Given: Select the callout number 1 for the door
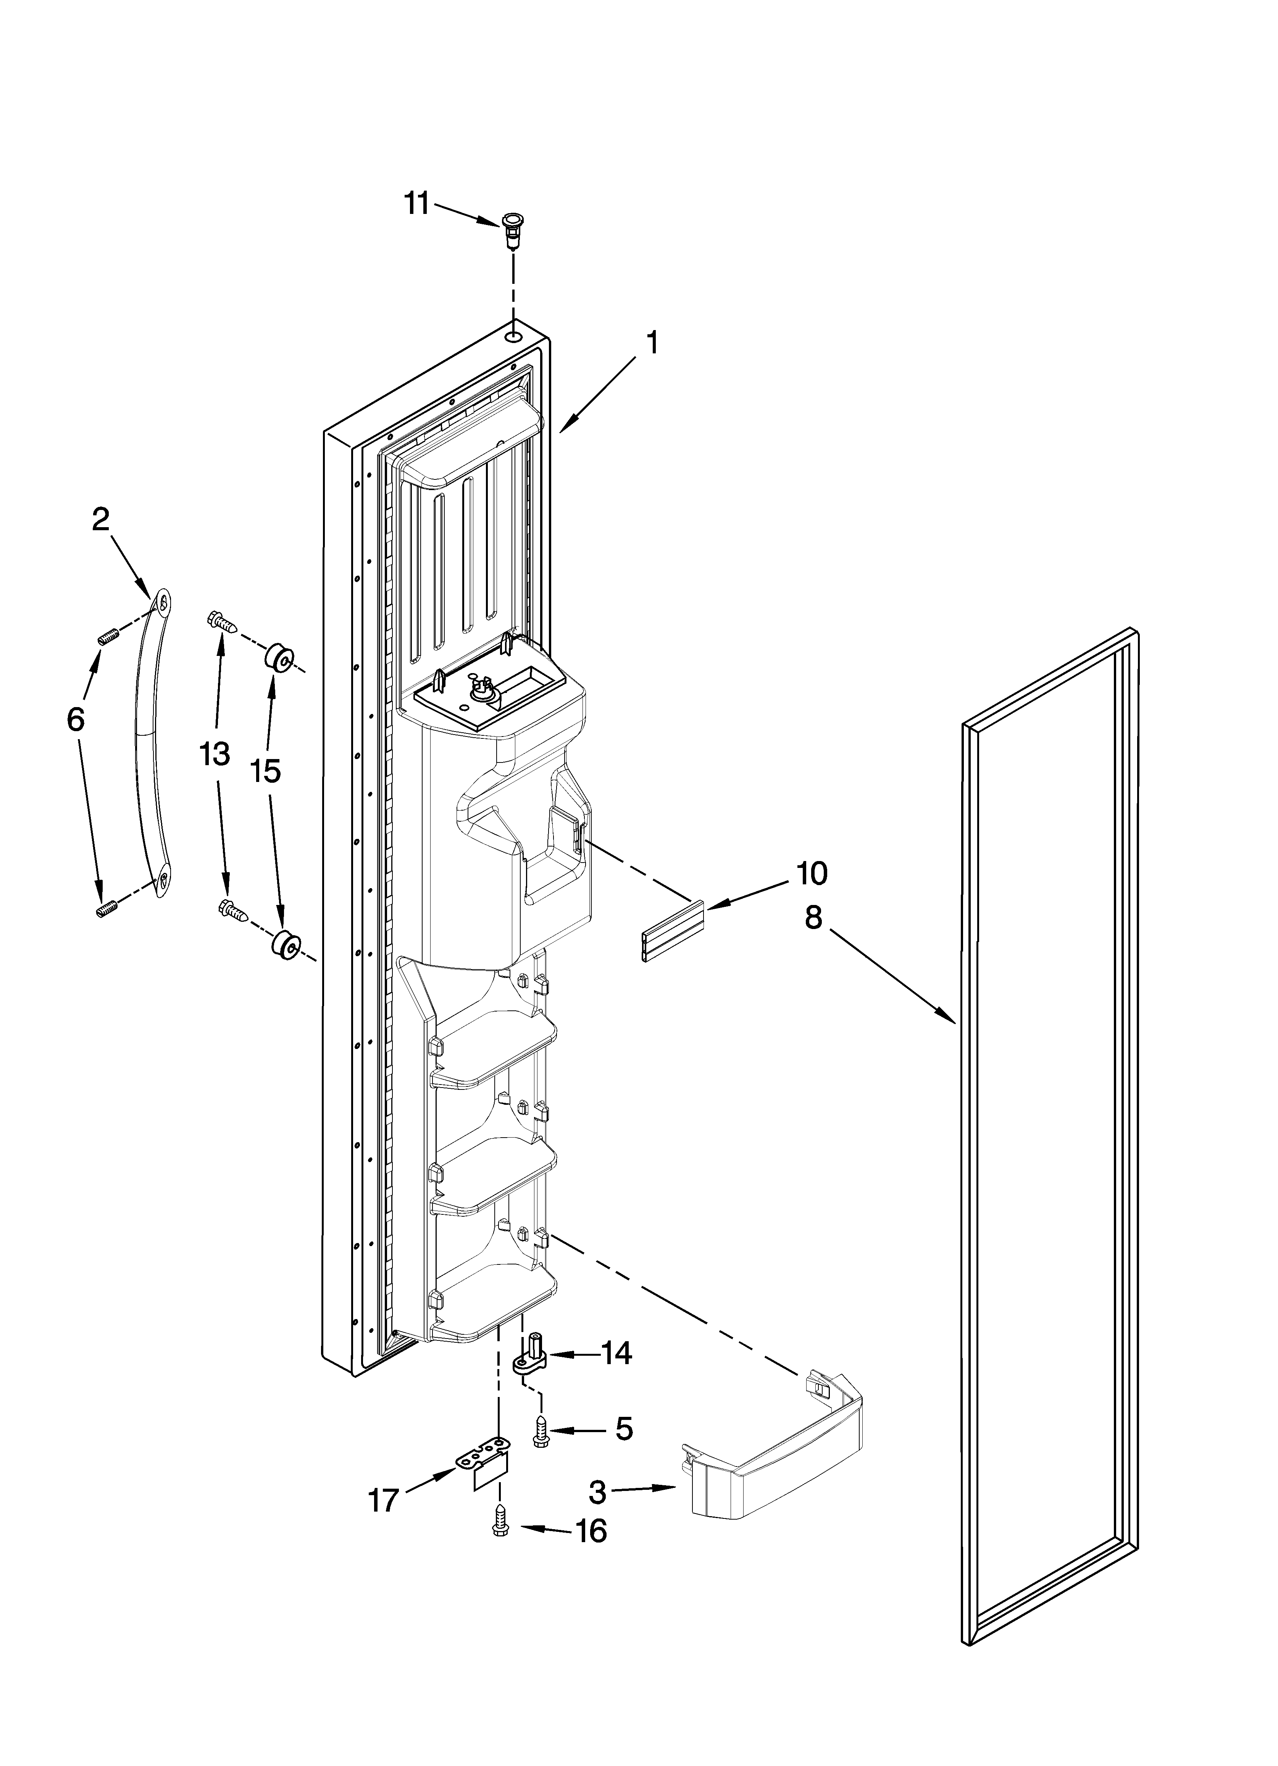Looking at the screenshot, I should pos(652,343).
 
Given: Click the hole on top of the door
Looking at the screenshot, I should pos(513,337).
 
